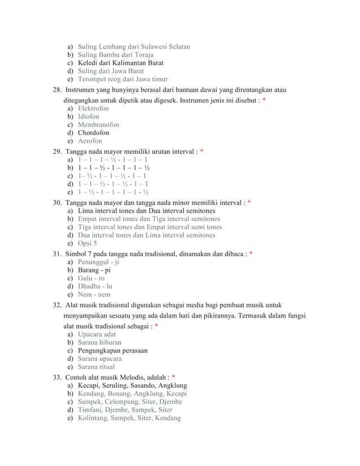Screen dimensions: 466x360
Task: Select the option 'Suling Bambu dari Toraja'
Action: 112,54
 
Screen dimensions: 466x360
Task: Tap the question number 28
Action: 57,89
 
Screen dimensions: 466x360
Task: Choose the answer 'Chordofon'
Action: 94,133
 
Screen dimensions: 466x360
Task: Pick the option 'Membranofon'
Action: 98,125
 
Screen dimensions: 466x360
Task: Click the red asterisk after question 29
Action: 201,152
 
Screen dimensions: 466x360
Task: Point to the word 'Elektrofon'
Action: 93,108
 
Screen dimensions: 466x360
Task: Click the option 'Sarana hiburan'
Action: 99,342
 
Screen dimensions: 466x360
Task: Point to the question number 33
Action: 57,376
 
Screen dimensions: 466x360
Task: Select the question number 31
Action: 57,253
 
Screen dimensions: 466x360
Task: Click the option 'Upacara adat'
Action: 96,334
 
